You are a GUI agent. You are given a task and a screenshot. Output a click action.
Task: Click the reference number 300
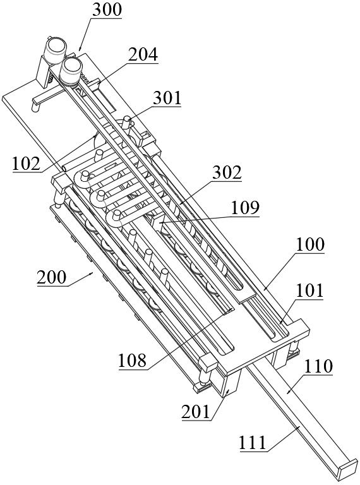107,10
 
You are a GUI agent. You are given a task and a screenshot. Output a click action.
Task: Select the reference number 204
143,55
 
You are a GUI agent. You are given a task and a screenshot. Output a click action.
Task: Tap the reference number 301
167,98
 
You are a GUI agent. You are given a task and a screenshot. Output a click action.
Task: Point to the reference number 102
27,164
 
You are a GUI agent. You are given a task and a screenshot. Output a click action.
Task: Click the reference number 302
227,172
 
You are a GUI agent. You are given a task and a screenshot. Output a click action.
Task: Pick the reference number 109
244,208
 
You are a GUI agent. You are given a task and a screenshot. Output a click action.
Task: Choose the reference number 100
310,244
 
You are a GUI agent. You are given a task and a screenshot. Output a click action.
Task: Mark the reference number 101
309,290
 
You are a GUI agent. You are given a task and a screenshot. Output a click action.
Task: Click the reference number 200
51,277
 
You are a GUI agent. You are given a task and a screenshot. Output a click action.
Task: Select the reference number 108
132,361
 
